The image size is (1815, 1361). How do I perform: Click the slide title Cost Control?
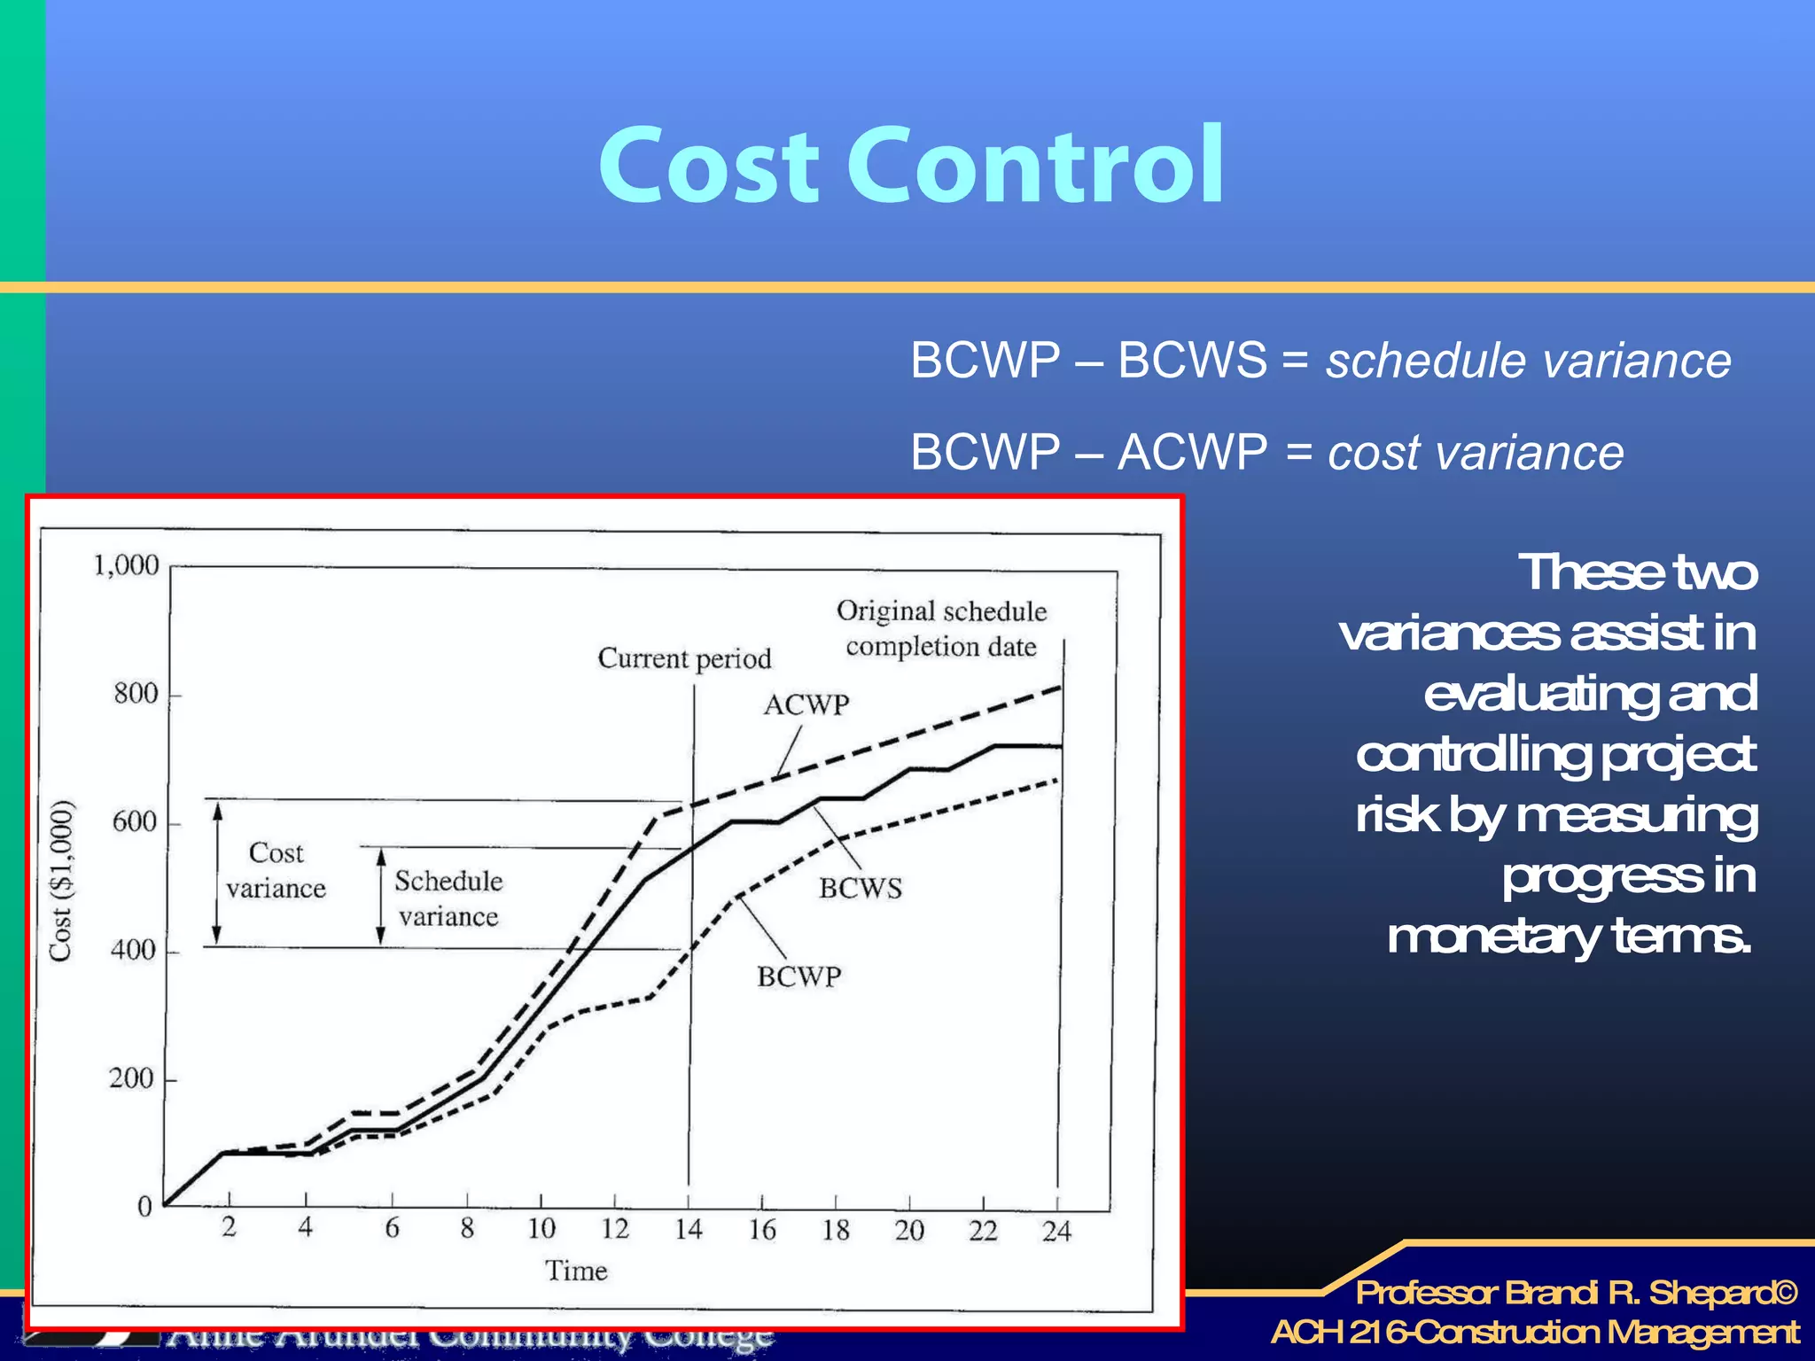point(911,166)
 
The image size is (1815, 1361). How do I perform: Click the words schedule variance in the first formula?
point(1528,361)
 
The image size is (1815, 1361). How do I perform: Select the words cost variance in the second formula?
point(1476,453)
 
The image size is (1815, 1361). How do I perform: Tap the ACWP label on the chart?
point(806,705)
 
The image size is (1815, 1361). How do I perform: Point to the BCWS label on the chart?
point(861,888)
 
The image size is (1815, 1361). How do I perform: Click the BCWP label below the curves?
point(798,976)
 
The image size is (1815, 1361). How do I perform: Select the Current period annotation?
point(684,658)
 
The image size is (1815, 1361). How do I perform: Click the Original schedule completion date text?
point(941,628)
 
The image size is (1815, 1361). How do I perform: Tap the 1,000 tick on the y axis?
point(127,565)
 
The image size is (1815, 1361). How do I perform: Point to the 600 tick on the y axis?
point(134,822)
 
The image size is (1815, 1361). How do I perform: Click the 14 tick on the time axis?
point(689,1229)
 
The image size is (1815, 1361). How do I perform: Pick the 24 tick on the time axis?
point(1056,1231)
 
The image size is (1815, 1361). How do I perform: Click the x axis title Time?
point(576,1271)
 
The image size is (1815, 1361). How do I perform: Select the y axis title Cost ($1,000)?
point(60,880)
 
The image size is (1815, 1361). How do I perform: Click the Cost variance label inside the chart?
point(276,870)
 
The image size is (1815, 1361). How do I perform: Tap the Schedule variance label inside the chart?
point(448,898)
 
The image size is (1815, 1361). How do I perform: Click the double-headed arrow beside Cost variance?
point(217,874)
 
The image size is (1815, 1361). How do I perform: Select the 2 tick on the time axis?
point(229,1227)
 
